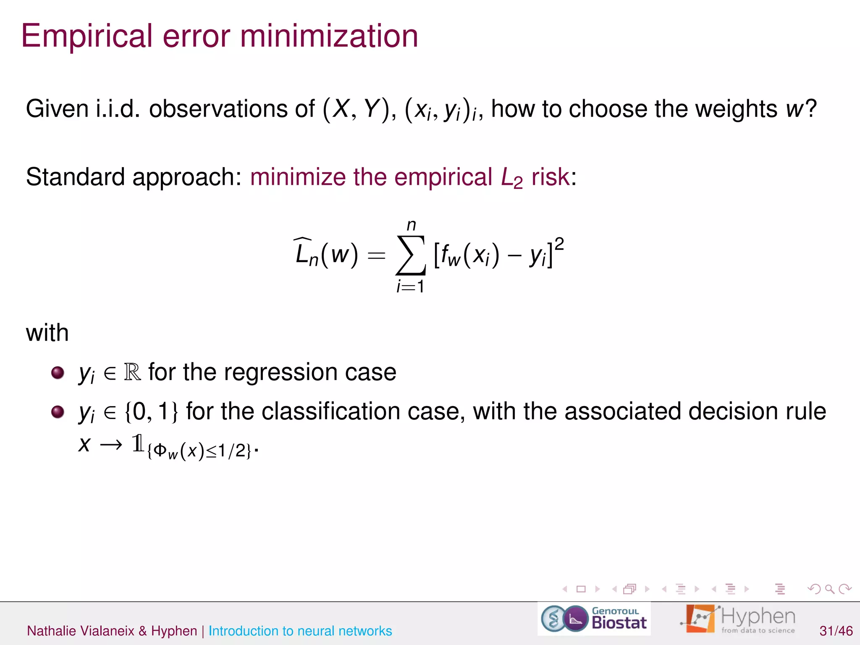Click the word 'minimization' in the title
click(329, 36)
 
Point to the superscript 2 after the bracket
click(559, 244)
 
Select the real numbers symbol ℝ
click(132, 372)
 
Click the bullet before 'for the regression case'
click(58, 372)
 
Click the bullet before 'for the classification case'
click(58, 412)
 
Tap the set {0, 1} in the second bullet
click(152, 412)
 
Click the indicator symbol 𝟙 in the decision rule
click(138, 443)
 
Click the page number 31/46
click(836, 631)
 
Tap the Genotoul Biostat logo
click(594, 619)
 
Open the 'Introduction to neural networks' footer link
click(300, 631)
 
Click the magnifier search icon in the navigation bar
click(829, 589)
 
